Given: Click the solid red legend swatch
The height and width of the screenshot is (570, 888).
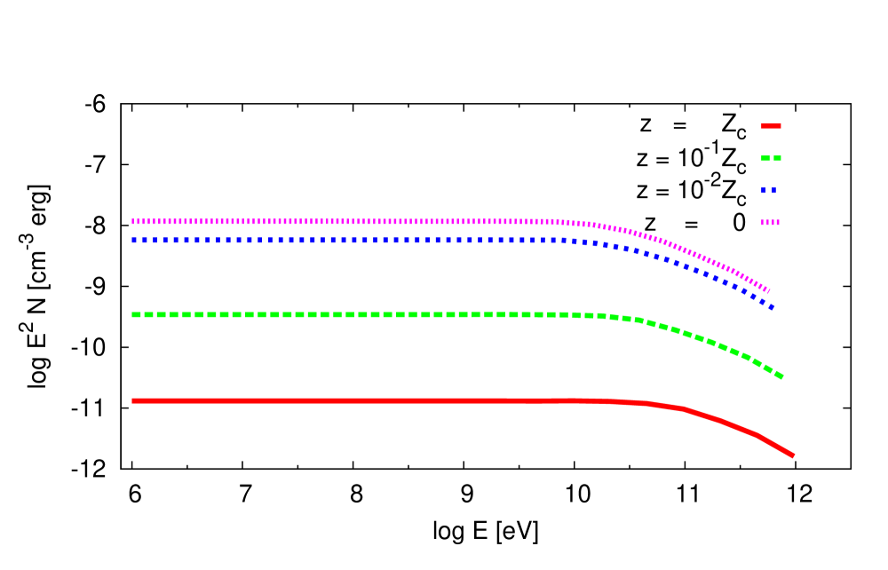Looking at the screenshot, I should (x=771, y=126).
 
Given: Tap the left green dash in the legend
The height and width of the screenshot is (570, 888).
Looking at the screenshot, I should (x=765, y=158).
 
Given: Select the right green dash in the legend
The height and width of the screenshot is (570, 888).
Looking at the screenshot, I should (x=778, y=158).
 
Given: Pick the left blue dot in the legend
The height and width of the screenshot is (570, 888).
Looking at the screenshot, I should (x=763, y=190).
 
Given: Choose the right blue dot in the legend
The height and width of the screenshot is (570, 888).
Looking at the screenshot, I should (x=773, y=190).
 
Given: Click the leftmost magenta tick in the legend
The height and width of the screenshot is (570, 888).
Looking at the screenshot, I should (x=763, y=223).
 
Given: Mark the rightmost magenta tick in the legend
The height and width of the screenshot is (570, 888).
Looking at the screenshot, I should (x=778, y=223).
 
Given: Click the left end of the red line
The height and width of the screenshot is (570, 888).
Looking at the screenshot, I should (x=133, y=401).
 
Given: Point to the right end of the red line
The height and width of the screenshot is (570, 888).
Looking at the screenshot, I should (x=792, y=455).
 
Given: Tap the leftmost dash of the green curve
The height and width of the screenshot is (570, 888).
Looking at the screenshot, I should (x=136, y=314).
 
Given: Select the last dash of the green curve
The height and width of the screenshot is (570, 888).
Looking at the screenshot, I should (x=779, y=376).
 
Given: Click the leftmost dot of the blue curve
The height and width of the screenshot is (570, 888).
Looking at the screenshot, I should (x=133, y=240).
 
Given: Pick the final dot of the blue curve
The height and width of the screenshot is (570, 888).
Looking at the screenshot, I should (x=773, y=307).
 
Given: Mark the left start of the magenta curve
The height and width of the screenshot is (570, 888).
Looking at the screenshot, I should (x=133, y=221).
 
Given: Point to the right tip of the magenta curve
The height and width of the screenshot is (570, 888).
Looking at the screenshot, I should (x=768, y=290).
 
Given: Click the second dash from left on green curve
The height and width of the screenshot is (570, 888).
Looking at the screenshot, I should (x=149, y=314).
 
